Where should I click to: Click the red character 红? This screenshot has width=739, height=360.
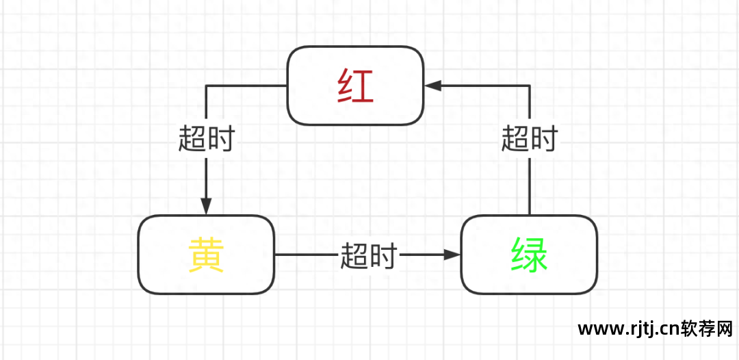tap(355, 86)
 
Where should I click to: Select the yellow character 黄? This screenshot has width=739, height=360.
tap(206, 255)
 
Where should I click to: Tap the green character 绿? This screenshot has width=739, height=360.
tap(529, 255)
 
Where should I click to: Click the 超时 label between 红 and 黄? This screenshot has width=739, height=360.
tap(206, 139)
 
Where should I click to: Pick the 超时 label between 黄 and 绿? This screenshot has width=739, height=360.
tap(368, 255)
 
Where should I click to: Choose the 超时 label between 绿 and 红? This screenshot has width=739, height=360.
tap(529, 139)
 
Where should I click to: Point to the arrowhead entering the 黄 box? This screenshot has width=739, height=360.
tap(206, 207)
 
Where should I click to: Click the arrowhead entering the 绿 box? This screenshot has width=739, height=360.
tap(452, 255)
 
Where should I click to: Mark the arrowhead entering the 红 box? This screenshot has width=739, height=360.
tap(432, 86)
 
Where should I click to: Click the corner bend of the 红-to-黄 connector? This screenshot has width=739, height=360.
tap(206, 86)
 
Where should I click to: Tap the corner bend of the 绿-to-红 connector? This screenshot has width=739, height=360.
tap(529, 86)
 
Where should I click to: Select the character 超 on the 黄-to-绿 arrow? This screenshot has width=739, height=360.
tap(354, 255)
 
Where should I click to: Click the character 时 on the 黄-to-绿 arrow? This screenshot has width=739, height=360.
tap(383, 255)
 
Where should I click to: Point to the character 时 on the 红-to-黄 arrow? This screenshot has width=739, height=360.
tap(220, 139)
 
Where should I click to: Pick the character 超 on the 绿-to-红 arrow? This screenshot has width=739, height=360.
tap(515, 139)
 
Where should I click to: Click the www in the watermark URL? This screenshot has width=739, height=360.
tap(599, 330)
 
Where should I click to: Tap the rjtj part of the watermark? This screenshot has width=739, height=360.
tap(640, 330)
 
